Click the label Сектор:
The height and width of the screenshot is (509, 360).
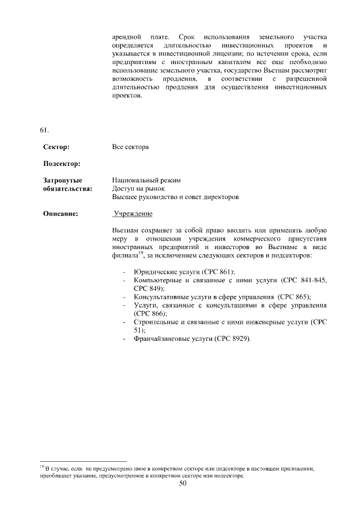pyautogui.click(x=56, y=147)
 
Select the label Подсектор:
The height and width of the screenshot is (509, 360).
pyautogui.click(x=62, y=164)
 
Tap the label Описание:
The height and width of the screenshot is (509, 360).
pyautogui.click(x=60, y=214)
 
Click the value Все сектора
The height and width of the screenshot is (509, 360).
pyautogui.click(x=130, y=147)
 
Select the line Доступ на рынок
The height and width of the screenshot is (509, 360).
pyautogui.click(x=138, y=188)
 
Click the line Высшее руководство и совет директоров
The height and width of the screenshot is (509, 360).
pyautogui.click(x=175, y=197)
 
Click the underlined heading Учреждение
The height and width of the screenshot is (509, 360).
pyautogui.click(x=133, y=214)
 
